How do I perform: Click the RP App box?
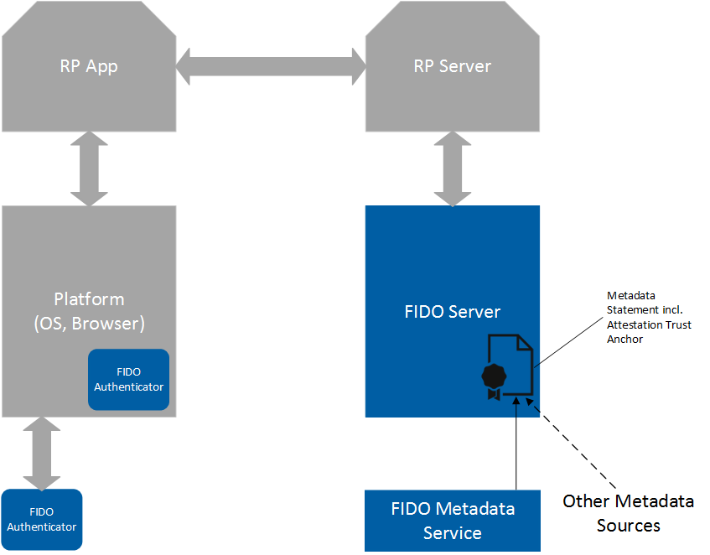click(88, 67)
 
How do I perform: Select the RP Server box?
click(453, 67)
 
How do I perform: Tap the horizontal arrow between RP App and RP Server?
click(271, 66)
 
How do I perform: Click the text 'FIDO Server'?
click(452, 312)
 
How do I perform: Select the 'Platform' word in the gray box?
click(89, 299)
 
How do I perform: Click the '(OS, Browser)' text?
click(89, 322)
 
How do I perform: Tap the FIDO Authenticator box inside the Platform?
click(128, 379)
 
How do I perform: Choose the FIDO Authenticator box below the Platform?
click(41, 519)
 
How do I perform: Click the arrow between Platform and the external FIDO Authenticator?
click(41, 453)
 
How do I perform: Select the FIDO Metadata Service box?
click(453, 520)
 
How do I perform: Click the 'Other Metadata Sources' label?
click(628, 513)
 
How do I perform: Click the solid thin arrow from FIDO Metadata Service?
click(516, 444)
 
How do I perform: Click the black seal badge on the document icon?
click(494, 376)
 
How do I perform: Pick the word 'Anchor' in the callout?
click(625, 340)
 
